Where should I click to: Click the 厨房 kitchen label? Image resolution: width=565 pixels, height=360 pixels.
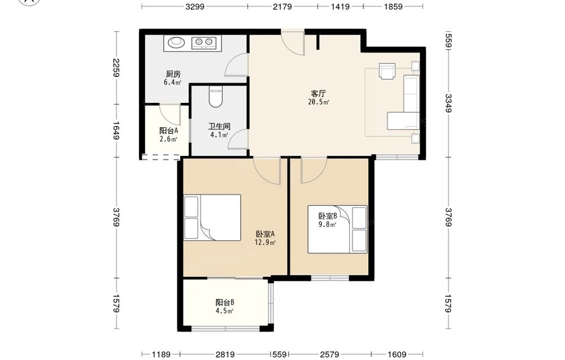pyautogui.click(x=173, y=74)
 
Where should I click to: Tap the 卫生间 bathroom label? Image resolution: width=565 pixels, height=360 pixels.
pyautogui.click(x=219, y=127)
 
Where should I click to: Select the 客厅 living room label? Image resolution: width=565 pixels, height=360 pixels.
pyautogui.click(x=318, y=94)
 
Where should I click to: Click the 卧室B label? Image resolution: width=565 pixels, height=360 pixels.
pyautogui.click(x=328, y=216)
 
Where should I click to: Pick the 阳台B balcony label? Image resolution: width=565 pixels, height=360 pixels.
pyautogui.click(x=225, y=302)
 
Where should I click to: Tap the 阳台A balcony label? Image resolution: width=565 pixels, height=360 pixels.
pyautogui.click(x=168, y=131)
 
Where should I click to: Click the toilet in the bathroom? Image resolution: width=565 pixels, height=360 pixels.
pyautogui.click(x=215, y=97)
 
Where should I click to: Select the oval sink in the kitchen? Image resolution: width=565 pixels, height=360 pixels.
pyautogui.click(x=176, y=42)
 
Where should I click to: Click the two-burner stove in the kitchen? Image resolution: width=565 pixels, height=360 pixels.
pyautogui.click(x=203, y=42)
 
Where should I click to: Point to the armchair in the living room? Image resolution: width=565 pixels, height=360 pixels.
pyautogui.click(x=387, y=71)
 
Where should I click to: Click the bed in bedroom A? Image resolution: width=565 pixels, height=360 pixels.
pyautogui.click(x=212, y=218)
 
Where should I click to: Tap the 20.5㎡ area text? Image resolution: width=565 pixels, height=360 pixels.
pyautogui.click(x=319, y=102)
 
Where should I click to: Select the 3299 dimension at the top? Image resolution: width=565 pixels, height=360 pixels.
pyautogui.click(x=195, y=6)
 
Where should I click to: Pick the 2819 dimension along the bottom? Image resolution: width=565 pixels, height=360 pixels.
pyautogui.click(x=225, y=354)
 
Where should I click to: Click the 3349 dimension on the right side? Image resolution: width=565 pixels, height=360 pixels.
pyautogui.click(x=448, y=103)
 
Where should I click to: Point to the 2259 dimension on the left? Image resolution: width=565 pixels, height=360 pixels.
pyautogui.click(x=116, y=68)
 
